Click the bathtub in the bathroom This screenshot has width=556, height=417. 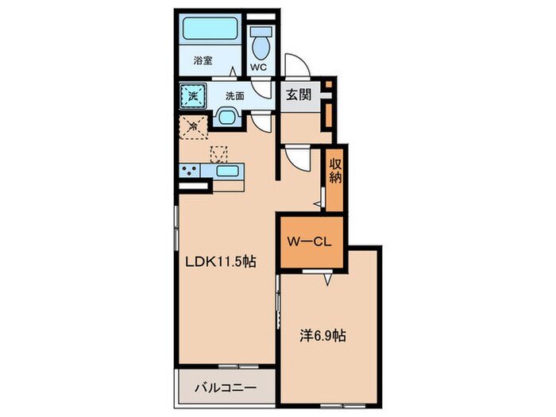coord(210,29)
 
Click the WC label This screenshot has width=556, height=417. coord(259,67)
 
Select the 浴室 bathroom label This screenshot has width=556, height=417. coord(203,60)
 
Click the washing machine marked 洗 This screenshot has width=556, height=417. coord(193,96)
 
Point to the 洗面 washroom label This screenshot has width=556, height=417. coord(235,96)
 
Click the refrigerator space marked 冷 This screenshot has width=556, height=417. coord(193,126)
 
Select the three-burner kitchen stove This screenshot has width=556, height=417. coord(190,171)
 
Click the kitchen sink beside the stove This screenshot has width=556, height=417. coord(227,171)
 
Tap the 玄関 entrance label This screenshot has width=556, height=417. coord(299,95)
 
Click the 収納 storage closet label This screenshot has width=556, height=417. coord(335,171)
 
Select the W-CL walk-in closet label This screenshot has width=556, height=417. coord(309,241)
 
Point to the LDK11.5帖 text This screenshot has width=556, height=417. coord(221,262)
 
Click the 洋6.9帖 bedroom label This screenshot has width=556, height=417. coord(322,335)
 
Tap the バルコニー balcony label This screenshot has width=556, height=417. coord(225,388)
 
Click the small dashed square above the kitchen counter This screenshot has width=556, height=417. coord(218,155)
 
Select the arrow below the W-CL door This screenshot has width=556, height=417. coord(327,280)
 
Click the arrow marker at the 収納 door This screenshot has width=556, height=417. coord(318,204)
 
